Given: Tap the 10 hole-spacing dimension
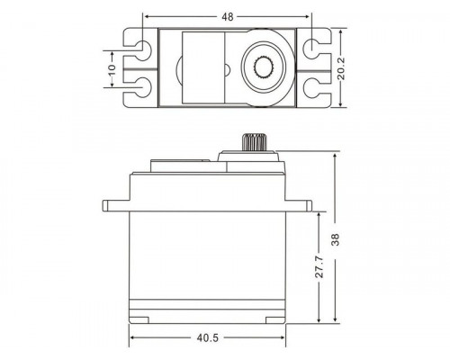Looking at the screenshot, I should click(112, 68).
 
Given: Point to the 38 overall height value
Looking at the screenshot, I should click(335, 240).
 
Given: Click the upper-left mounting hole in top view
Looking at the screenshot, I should click(141, 45).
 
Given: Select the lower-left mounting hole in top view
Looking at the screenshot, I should click(141, 88).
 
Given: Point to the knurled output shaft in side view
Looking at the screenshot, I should click(253, 143).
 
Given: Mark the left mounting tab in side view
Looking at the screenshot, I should click(117, 207).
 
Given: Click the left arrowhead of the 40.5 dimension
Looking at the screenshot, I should click(133, 338).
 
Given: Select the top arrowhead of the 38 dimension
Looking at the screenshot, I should click(335, 156).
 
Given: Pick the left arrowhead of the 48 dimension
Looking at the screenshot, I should click(145, 16).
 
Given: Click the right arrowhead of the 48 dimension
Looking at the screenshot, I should click(310, 16).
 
